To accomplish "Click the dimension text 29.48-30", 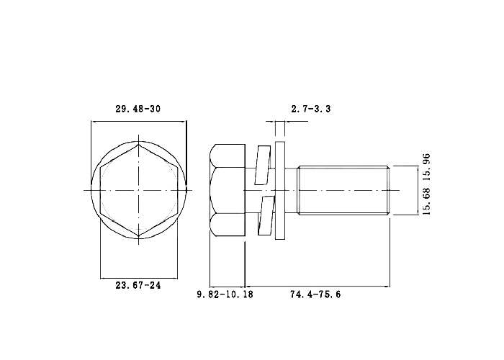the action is (138, 109).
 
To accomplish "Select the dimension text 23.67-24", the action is (138, 285).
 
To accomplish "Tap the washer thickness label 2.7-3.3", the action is (311, 109).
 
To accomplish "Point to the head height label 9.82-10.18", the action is (225, 294).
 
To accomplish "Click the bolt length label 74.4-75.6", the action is (315, 294).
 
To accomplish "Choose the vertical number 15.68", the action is (426, 202).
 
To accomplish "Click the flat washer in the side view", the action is (280, 191).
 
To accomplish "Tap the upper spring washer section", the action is (263, 165).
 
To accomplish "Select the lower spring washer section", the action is (266, 215).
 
